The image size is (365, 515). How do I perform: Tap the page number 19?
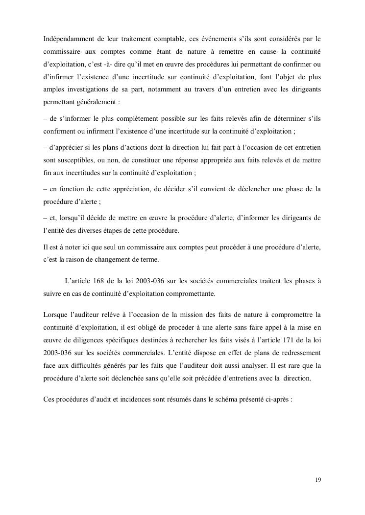(x=318, y=479)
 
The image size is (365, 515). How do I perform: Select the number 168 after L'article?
(x=97, y=281)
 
